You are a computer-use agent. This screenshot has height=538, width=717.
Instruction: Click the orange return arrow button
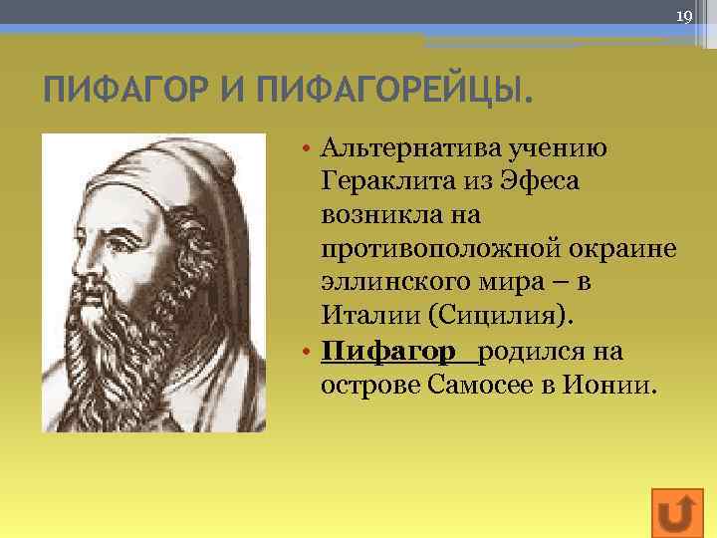click(x=676, y=512)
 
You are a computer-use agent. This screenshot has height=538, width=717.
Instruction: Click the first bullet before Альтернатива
click(x=310, y=149)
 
